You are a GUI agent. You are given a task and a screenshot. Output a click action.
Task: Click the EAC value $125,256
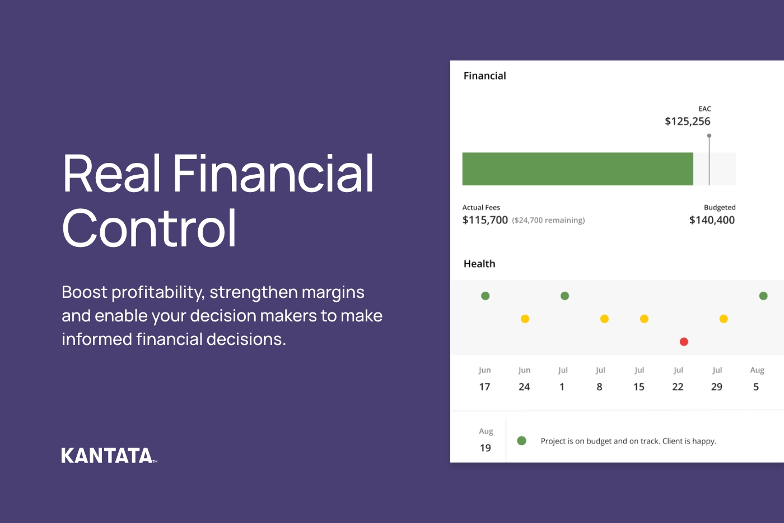[687, 122]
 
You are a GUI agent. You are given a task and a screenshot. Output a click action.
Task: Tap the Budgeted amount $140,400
[712, 220]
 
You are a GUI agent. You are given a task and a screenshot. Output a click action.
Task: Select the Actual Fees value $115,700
[485, 220]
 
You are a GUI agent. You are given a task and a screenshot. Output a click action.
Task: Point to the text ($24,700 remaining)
[548, 221]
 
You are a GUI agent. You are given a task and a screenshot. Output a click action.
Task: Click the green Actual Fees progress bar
[577, 169]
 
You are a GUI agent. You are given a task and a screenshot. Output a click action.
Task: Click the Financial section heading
[484, 76]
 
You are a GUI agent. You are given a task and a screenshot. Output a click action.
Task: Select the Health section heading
[479, 264]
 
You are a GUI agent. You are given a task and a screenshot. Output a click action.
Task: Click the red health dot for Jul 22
[684, 342]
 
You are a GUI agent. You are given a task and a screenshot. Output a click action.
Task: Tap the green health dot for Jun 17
[486, 296]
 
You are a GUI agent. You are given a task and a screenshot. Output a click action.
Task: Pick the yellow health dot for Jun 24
[525, 319]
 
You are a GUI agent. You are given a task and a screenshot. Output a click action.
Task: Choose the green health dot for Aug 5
[763, 296]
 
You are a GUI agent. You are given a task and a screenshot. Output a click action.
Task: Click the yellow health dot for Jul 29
[724, 319]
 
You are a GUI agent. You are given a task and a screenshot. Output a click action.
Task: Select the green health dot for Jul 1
[564, 296]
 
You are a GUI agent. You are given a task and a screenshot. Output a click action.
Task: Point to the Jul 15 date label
[639, 379]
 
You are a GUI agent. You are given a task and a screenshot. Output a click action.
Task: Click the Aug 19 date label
[486, 440]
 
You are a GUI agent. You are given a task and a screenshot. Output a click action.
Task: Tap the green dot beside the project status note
[521, 441]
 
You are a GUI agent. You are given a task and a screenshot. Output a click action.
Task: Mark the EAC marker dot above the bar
[709, 136]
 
